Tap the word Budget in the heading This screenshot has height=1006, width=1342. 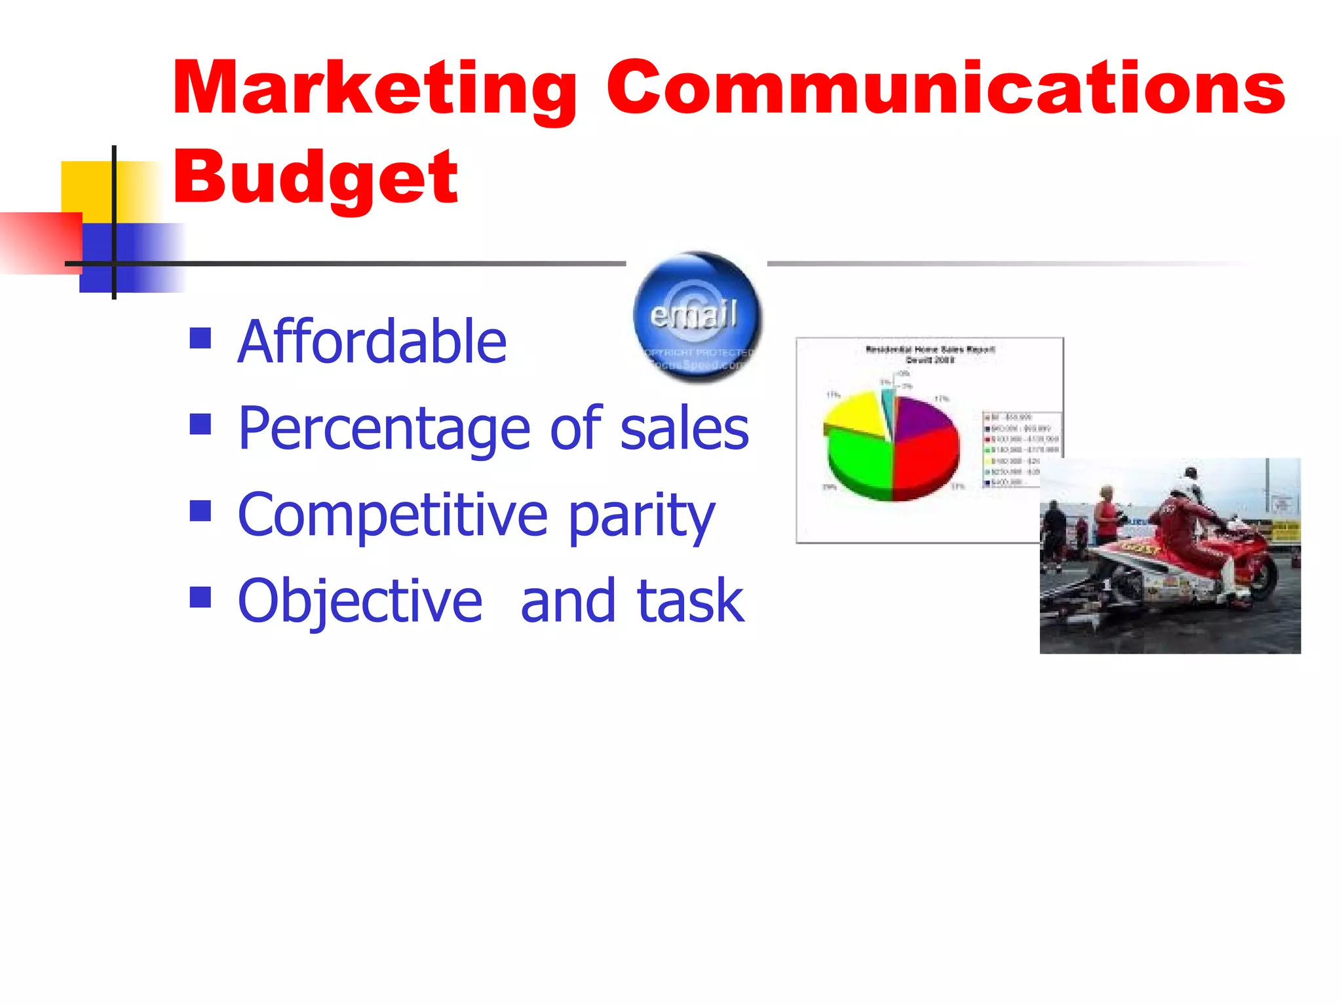coord(315,177)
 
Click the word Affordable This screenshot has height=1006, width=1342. coord(372,341)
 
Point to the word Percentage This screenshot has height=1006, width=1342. coord(384,428)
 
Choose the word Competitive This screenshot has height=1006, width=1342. coord(392,515)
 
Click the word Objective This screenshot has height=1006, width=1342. coord(360,601)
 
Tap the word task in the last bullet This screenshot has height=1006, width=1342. coord(690,601)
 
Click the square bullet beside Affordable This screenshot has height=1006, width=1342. coord(201,338)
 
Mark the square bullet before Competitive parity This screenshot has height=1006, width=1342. coord(201,511)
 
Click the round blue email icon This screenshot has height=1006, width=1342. coord(697,317)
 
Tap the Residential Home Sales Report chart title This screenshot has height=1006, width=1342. coord(930,354)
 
